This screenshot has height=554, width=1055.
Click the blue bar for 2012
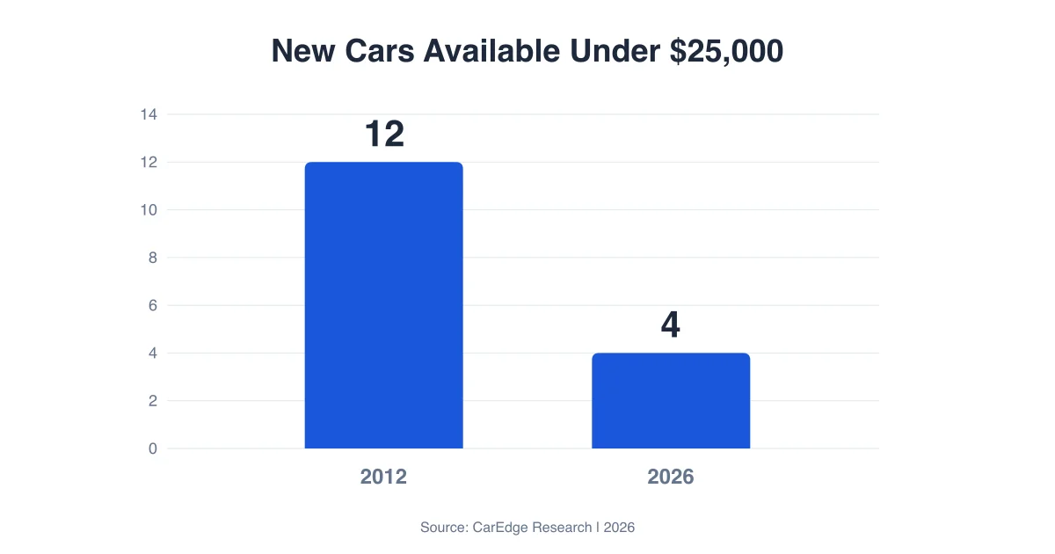tap(383, 305)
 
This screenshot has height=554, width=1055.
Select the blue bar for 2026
tap(671, 401)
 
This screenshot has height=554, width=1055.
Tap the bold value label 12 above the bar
tap(384, 134)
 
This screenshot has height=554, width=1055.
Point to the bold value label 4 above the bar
tap(671, 325)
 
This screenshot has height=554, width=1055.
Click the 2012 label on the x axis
tap(383, 477)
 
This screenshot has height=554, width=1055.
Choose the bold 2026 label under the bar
tap(671, 477)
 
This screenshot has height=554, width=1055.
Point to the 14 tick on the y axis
tap(148, 114)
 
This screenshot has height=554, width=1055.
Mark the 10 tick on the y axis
tap(148, 210)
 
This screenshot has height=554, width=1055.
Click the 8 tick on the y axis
tap(152, 258)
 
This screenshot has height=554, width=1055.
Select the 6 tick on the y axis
tap(152, 305)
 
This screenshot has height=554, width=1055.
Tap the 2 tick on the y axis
tap(152, 401)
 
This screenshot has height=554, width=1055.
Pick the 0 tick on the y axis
tap(152, 448)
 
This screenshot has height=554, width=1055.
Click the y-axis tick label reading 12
tap(148, 163)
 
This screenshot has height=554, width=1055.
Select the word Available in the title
tap(491, 51)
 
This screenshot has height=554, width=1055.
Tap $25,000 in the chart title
tap(726, 51)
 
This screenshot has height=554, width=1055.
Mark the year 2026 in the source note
tap(619, 528)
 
